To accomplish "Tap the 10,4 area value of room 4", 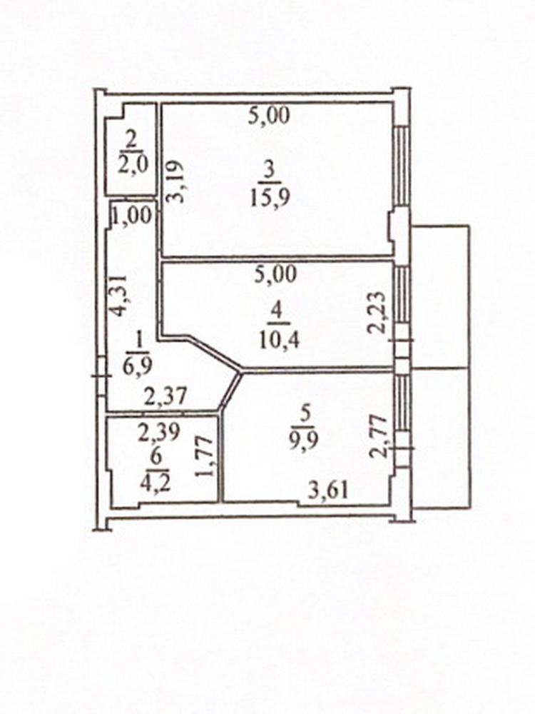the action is [x=280, y=340].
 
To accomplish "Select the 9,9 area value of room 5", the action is [x=305, y=440].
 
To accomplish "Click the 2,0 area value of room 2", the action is [x=133, y=164].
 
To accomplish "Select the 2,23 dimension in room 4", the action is [x=379, y=313].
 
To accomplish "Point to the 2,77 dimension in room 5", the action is [x=379, y=436].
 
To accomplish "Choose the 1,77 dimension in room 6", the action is [x=204, y=457].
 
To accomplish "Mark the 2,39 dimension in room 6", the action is [x=159, y=433].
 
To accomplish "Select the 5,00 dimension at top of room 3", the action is [x=269, y=116].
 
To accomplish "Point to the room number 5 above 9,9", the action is [x=305, y=414].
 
